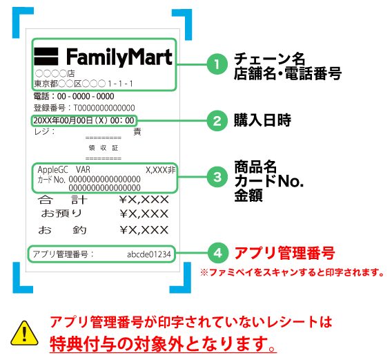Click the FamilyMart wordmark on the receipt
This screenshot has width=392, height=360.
[x=119, y=57]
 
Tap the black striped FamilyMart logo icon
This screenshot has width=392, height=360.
[x=46, y=57]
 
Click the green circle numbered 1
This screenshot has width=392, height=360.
[x=217, y=64]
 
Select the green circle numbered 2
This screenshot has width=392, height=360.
[x=217, y=121]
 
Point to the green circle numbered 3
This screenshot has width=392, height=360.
[x=217, y=177]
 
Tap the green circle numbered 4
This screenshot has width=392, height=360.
[x=218, y=253]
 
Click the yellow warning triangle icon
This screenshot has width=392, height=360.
[x=24, y=334]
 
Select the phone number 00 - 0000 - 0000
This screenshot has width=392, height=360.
[x=86, y=96]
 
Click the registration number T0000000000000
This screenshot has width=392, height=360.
[x=104, y=108]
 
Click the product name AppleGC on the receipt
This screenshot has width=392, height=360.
[x=52, y=170]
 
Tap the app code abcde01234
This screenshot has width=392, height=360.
[x=149, y=254]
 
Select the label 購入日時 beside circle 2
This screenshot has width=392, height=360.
[x=262, y=120]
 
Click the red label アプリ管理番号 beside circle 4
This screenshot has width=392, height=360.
[x=284, y=253]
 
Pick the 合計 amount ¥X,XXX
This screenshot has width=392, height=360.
[x=144, y=200]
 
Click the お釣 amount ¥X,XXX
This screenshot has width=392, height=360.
[x=144, y=230]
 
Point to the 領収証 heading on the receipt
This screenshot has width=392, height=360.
[x=104, y=148]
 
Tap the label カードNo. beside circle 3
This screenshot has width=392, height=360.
[x=269, y=181]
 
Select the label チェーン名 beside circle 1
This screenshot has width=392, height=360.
[x=269, y=59]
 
